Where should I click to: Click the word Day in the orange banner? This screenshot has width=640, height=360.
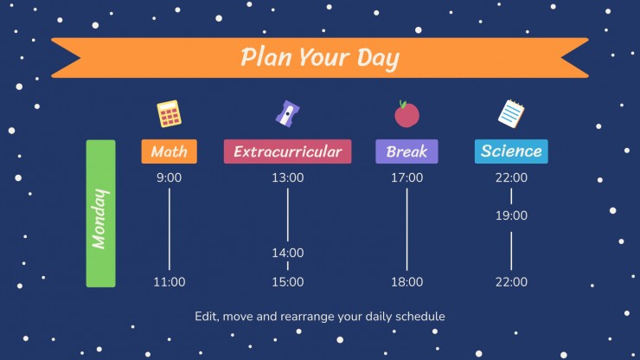point(378,59)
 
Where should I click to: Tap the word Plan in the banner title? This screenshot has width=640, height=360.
point(266,56)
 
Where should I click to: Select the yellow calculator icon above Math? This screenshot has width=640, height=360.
point(169,113)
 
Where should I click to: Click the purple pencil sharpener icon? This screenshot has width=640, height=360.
point(287,113)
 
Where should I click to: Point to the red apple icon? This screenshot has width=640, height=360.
point(406,114)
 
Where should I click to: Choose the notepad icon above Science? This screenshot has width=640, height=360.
point(511,113)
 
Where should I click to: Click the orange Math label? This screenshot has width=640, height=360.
point(169,151)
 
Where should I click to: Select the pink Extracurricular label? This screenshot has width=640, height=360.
point(287,151)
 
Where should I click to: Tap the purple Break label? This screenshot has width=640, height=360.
point(406,151)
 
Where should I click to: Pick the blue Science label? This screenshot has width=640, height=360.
point(511,151)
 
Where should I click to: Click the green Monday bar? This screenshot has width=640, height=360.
point(101,214)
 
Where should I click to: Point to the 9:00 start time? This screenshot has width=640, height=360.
point(169,177)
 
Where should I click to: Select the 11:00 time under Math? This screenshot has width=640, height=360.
point(169,282)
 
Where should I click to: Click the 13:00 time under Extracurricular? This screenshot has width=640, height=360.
point(288,177)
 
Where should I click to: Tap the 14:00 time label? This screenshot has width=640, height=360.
point(288,253)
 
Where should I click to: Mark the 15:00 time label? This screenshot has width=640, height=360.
point(288,282)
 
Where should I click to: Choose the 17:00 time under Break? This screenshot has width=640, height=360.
point(407,177)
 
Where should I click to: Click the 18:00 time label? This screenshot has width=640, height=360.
point(407,282)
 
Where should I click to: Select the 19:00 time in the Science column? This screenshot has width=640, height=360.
point(511,215)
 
